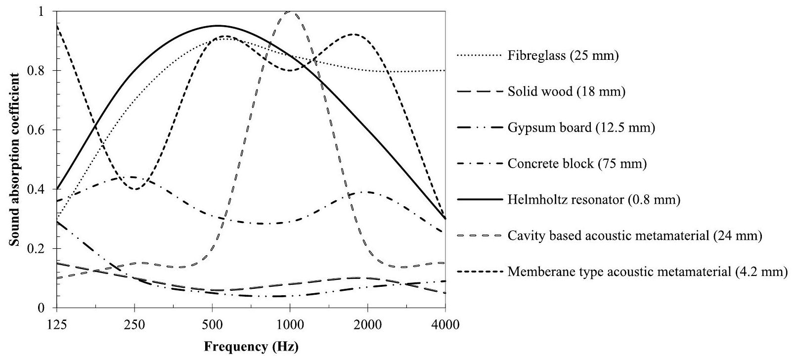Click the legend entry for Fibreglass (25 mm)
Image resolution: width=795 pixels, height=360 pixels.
point(563,56)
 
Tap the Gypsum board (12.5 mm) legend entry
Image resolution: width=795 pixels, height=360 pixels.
point(581,128)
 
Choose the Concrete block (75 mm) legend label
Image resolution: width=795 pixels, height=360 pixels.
point(577,164)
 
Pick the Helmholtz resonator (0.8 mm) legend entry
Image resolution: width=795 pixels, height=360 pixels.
point(594,200)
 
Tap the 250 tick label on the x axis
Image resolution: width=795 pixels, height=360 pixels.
point(134,325)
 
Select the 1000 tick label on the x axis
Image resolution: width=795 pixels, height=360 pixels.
point(289,325)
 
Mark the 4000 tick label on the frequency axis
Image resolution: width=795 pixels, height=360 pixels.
point(445,325)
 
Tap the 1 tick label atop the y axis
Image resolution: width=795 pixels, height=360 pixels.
point(47,11)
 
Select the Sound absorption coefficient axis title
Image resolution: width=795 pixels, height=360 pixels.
point(16,159)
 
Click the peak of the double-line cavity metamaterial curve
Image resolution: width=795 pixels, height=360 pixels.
point(290,12)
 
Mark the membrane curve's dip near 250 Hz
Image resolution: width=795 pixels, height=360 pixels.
point(135,189)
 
